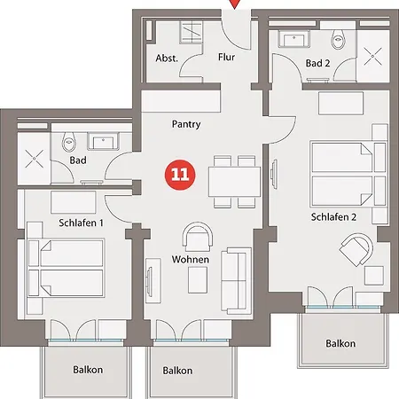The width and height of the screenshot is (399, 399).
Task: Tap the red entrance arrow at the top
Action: [234, 4]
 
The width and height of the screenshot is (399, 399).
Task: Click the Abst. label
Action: [167, 59]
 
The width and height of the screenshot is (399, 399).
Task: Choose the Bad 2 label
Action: [318, 64]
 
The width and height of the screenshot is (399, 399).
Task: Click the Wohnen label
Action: [191, 260]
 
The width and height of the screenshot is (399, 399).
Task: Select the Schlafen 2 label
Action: [333, 216]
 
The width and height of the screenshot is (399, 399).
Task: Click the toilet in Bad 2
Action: [338, 39]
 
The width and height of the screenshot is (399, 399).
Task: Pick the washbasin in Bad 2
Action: [292, 39]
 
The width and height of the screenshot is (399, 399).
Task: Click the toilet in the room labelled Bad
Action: [71, 143]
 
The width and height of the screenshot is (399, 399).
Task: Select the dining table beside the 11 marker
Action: [232, 182]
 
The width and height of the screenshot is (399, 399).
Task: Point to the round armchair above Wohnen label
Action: [198, 237]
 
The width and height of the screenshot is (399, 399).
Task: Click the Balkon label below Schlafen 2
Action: [340, 343]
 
